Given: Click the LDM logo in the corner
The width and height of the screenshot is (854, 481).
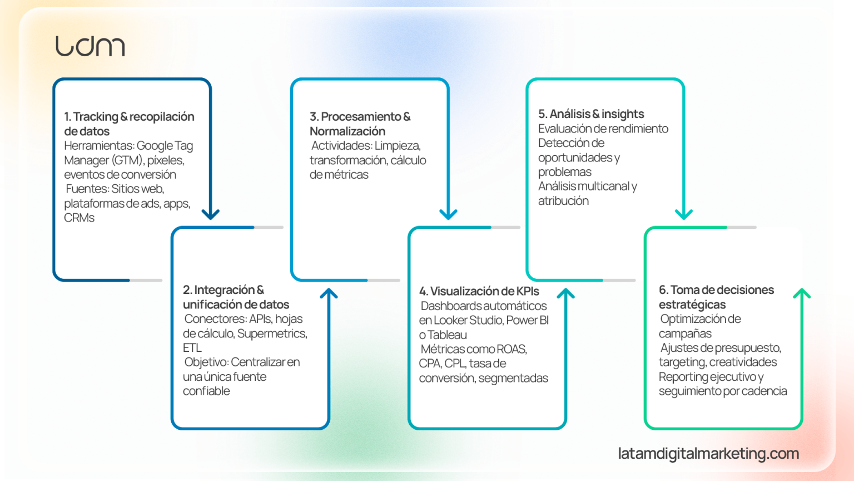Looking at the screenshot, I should click(x=90, y=46).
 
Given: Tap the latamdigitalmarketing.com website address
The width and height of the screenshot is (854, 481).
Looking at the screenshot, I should click(x=708, y=454).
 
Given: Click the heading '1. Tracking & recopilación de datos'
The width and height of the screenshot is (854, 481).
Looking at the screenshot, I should click(x=129, y=124).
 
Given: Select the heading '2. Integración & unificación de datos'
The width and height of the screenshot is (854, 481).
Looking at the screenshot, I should click(x=236, y=297).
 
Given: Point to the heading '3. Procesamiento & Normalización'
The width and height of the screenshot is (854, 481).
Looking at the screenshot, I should click(x=360, y=124).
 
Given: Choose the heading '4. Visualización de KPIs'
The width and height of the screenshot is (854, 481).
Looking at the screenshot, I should click(x=479, y=291).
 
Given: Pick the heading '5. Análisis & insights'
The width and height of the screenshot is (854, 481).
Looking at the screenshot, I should click(x=590, y=114).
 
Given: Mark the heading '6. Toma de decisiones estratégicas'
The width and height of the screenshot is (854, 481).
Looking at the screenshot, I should click(x=716, y=297).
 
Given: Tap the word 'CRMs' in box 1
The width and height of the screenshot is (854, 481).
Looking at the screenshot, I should click(x=79, y=218).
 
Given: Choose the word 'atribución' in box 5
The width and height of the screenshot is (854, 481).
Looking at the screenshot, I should click(x=563, y=201).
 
